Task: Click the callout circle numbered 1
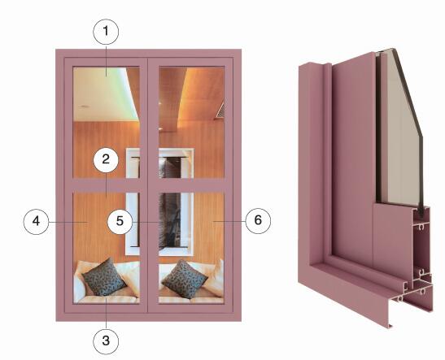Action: [106, 32]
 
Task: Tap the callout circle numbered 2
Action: [106, 159]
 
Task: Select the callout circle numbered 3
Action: [106, 341]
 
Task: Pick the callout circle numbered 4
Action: [36, 221]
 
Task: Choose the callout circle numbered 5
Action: [120, 221]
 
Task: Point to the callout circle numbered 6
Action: [258, 221]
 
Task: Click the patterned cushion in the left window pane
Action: [104, 277]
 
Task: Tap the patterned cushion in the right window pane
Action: [185, 280]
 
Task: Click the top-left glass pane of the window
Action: [107, 123]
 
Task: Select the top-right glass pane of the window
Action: [191, 123]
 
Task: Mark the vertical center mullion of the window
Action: [149, 185]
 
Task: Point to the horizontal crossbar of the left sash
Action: [107, 185]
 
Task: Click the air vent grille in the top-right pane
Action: [220, 110]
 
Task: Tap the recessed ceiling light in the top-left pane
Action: [84, 106]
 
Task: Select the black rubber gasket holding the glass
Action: [421, 212]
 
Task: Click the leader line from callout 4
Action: [68, 222]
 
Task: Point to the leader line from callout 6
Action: [229, 221]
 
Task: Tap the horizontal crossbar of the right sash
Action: [191, 185]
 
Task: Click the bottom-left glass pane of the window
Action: [107, 248]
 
